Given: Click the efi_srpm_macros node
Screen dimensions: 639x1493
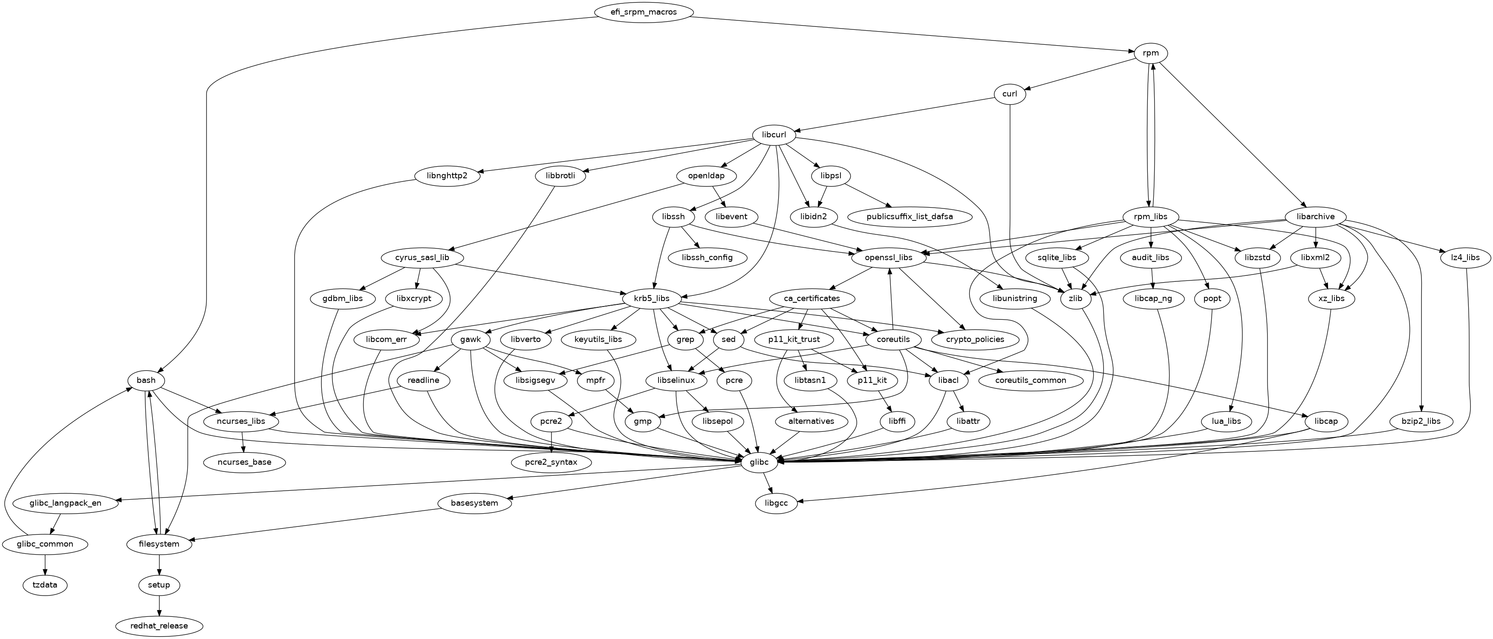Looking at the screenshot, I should [x=643, y=12].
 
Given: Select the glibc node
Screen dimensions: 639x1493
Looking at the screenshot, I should [x=759, y=462].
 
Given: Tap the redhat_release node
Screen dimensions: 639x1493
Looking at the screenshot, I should [x=159, y=626].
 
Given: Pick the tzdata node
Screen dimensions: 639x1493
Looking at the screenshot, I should [x=45, y=585].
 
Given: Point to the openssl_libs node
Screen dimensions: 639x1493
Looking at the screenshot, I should [x=889, y=257].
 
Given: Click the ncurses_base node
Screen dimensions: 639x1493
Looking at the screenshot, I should [x=245, y=462].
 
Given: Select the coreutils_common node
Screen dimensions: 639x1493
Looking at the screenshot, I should [x=1031, y=380].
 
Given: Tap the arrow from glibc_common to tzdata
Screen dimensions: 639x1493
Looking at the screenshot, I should [x=45, y=565].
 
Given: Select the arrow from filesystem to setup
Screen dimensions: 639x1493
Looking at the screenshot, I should [x=159, y=565].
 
